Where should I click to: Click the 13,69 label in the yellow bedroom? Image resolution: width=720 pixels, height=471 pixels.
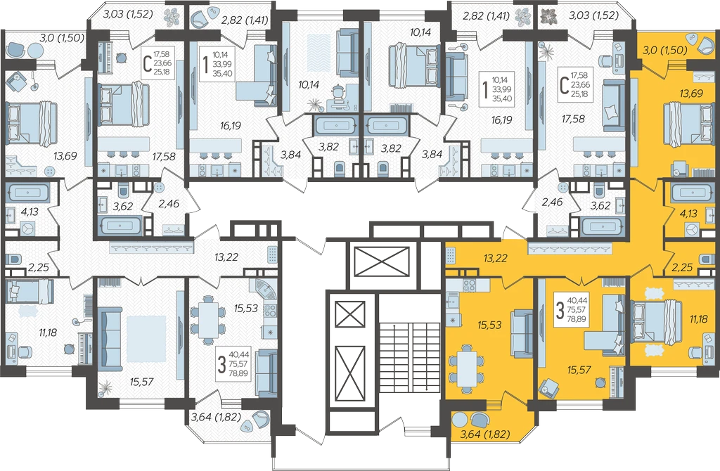coord(691,93)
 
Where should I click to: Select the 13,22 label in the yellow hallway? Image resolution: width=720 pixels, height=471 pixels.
coord(496,259)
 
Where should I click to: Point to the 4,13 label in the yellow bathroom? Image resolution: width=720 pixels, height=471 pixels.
coord(688,213)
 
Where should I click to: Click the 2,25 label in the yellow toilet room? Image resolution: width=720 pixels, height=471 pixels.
coord(682,267)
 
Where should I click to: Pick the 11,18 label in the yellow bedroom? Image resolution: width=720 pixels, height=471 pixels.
coord(698,318)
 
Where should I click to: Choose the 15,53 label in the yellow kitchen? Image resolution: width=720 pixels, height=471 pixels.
coord(489,325)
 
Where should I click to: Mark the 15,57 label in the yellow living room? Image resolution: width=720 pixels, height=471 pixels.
coord(579,370)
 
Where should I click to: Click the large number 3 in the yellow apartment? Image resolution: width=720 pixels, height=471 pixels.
coord(560,310)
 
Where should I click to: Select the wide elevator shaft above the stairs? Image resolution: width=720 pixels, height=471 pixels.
coord(382,262)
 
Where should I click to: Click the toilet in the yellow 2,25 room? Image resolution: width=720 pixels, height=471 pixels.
coord(707,259)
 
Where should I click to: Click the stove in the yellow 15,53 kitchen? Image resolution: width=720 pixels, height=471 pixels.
coord(469,285)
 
